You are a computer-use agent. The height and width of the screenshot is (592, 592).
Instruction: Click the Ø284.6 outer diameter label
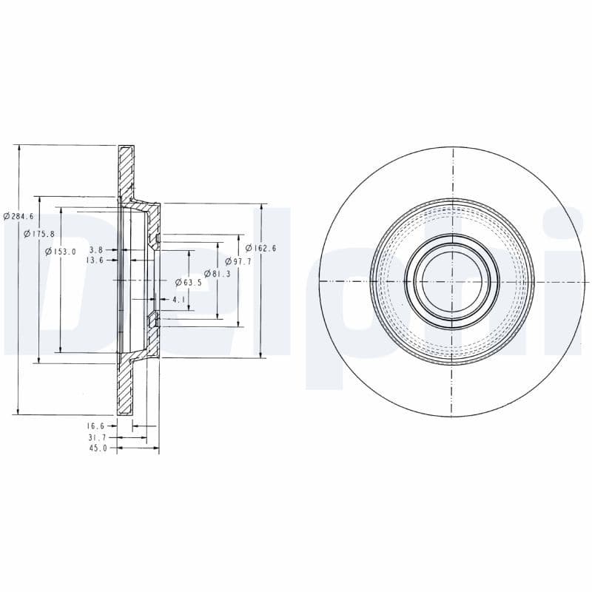18,216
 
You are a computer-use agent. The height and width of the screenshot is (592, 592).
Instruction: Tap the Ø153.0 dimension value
61,252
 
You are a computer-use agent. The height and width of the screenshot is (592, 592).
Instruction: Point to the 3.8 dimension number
96,250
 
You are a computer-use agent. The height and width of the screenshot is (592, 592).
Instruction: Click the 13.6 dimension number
95,260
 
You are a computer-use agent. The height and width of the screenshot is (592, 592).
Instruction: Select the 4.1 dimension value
178,300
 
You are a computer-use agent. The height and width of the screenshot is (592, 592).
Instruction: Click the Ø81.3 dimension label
217,274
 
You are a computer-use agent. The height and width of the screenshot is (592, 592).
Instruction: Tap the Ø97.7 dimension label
238,261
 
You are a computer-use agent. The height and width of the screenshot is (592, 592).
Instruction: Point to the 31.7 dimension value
96,437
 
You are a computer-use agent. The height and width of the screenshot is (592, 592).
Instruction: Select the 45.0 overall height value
96,448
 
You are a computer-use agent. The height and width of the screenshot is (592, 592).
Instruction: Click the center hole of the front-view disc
451,281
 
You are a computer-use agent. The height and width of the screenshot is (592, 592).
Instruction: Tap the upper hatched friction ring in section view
126,170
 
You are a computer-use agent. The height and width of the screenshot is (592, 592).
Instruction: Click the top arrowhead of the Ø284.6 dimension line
18,149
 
